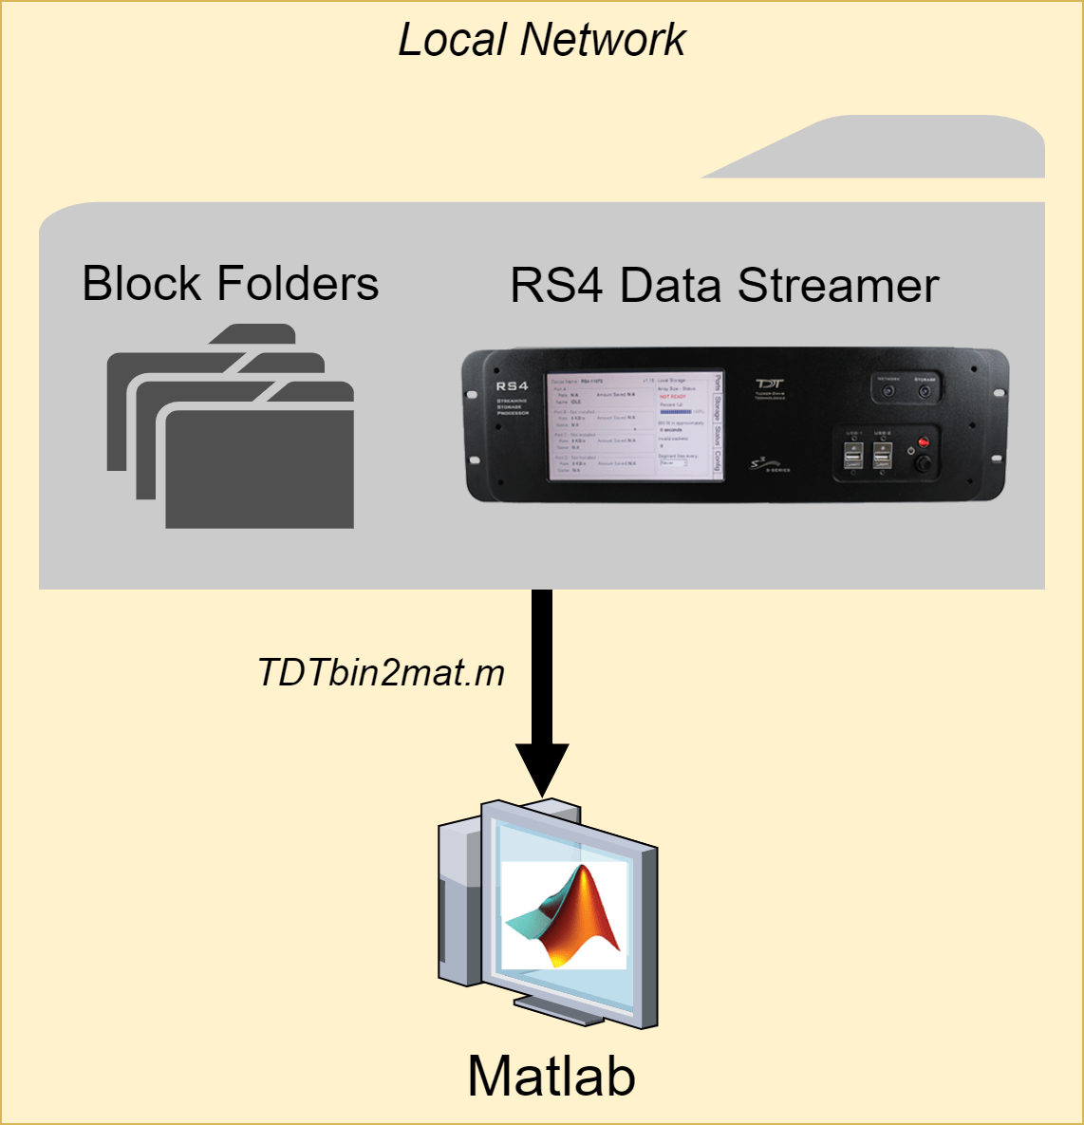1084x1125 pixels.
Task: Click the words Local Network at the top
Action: click(x=541, y=41)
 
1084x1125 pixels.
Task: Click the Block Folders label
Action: click(x=231, y=284)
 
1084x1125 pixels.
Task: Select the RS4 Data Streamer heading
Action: click(x=724, y=285)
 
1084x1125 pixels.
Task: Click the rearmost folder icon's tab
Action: click(x=252, y=334)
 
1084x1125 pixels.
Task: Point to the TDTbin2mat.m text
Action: click(x=381, y=673)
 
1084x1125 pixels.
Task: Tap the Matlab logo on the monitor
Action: click(x=564, y=915)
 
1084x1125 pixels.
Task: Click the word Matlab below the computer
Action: click(x=551, y=1077)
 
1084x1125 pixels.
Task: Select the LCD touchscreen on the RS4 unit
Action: click(x=634, y=424)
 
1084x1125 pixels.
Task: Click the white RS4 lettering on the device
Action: click(x=512, y=386)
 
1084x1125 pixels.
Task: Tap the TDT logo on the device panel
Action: click(x=769, y=386)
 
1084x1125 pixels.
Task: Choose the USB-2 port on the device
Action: click(x=883, y=459)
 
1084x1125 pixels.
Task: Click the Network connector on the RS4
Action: click(x=889, y=389)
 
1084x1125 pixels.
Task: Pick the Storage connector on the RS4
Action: click(x=925, y=389)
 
